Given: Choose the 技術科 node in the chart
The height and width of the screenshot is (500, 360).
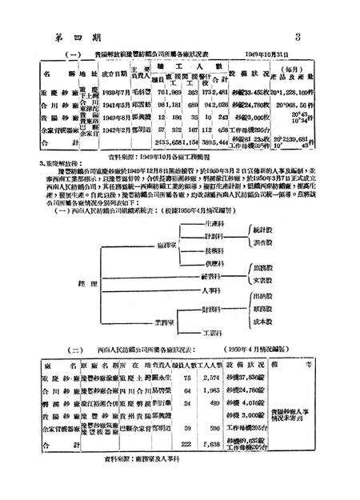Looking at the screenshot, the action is pos(212,250).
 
